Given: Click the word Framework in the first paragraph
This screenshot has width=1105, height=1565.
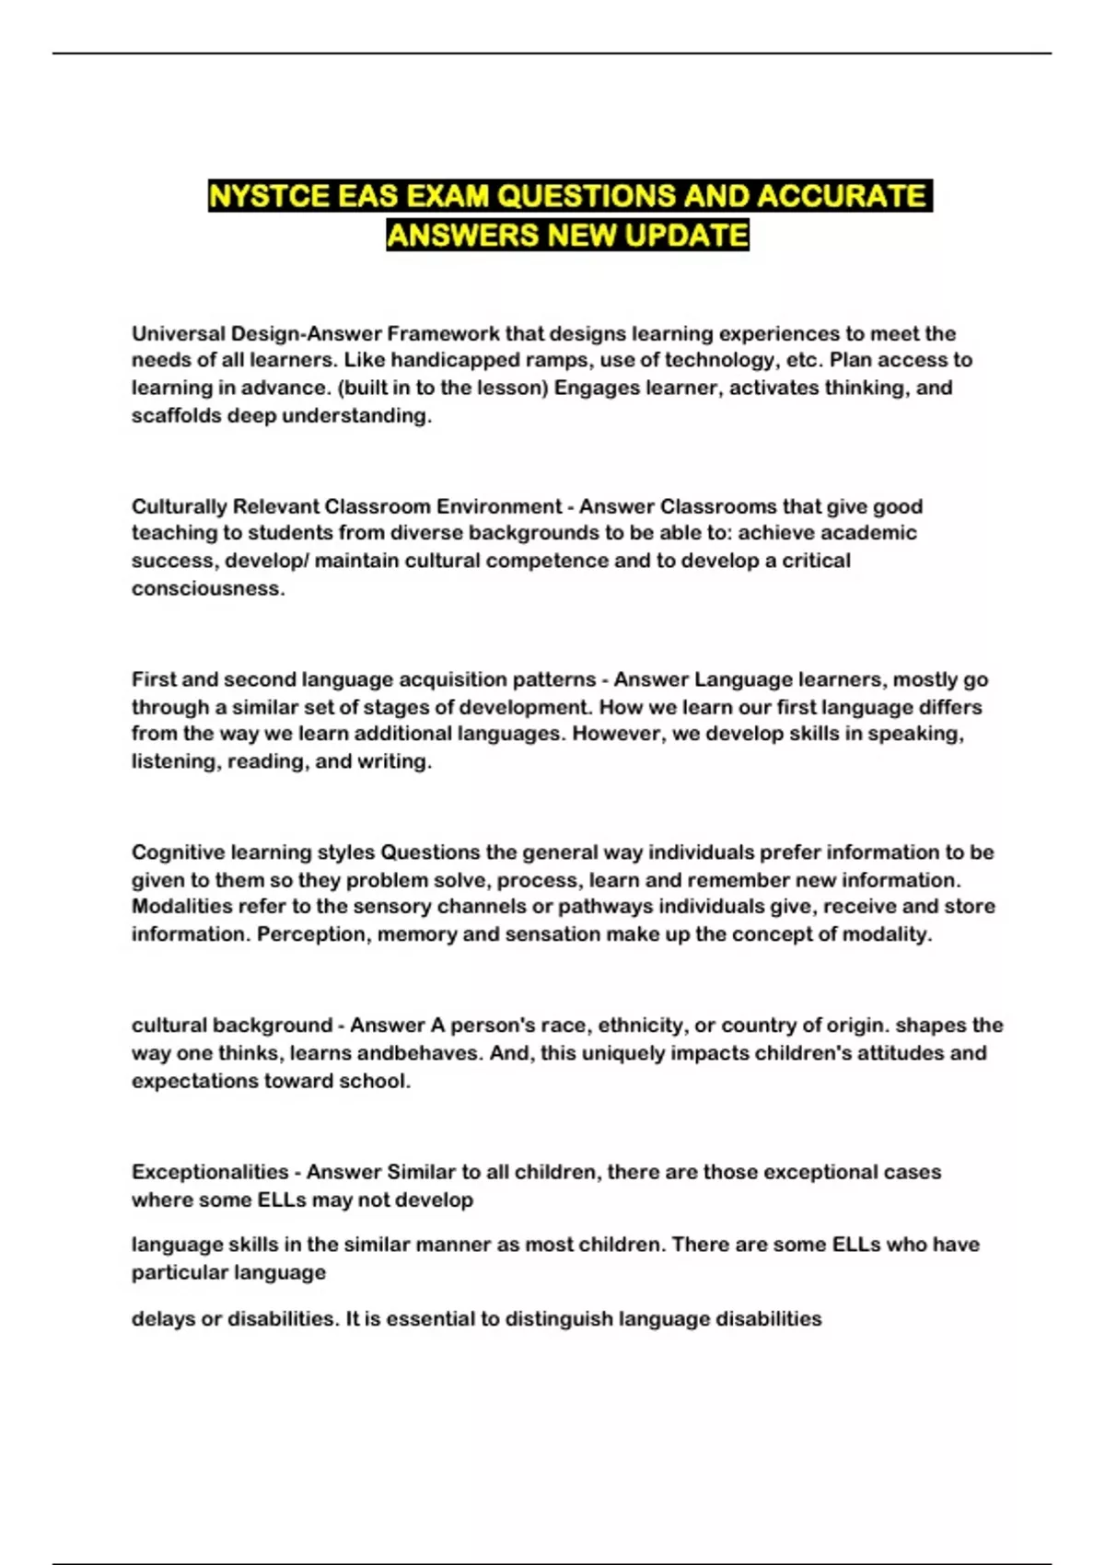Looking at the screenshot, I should point(444,333).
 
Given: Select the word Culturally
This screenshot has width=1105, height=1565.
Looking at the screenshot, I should point(179,506).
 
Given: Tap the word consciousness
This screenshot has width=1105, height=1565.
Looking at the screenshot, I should point(207,588).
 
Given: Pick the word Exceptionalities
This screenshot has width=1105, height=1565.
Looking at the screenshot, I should point(210,1172).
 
